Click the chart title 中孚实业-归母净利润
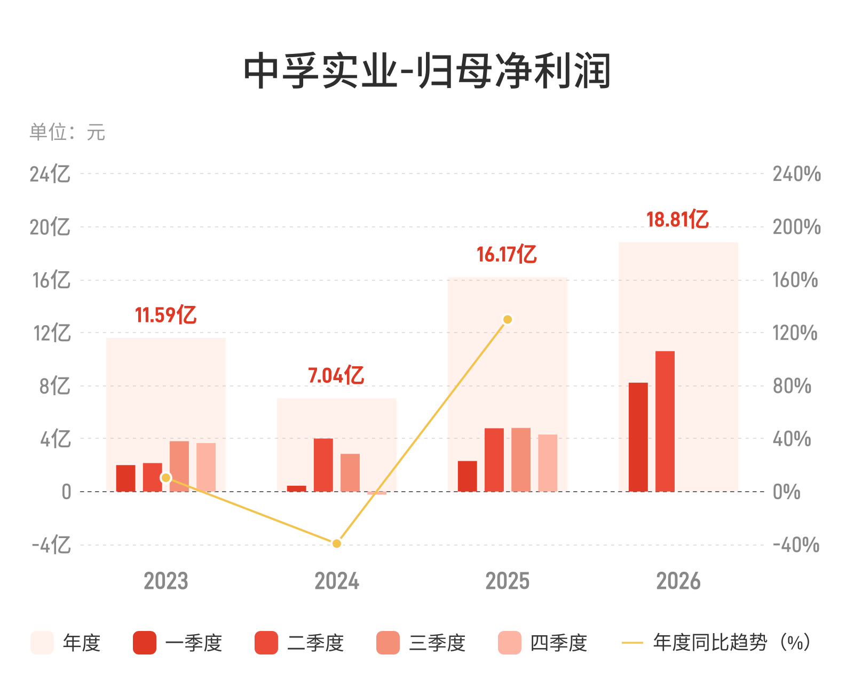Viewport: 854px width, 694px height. pos(426,70)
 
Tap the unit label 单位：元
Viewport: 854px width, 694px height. pos(67,132)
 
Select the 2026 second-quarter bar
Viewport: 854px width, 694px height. pos(665,421)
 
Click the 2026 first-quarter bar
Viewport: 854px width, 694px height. pos(638,437)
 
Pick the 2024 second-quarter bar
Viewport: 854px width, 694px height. pos(323,464)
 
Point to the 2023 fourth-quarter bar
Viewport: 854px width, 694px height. pos(205,467)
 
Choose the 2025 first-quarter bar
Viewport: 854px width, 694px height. pos(467,476)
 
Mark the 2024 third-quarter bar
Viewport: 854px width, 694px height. pos(350,472)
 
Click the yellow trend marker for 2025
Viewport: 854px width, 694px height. pos(507,319)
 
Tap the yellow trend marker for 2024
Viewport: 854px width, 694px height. pos(336,543)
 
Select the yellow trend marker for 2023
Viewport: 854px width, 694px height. pos(165,477)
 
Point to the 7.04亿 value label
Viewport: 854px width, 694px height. pos(336,375)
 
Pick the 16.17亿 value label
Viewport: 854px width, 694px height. pos(507,254)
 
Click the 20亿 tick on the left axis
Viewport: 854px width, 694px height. pos(50,227)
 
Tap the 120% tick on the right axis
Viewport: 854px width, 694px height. pos(795,333)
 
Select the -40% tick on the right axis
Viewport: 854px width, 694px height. pos(795,545)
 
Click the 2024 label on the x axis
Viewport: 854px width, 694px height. pos(336,581)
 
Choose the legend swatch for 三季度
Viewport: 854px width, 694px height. pos(388,643)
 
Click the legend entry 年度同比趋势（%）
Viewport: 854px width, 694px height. pos(715,643)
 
